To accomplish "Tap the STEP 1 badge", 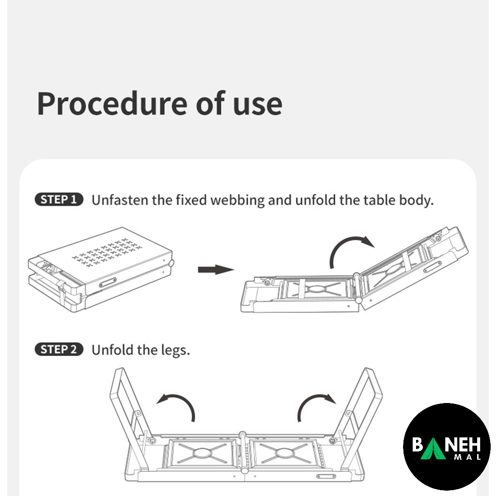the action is pyautogui.click(x=59, y=200).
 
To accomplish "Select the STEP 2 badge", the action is pyautogui.click(x=59, y=350).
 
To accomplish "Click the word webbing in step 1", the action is pyautogui.click(x=237, y=201).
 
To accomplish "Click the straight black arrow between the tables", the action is pyautogui.click(x=216, y=270).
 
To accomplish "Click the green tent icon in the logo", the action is pyautogui.click(x=433, y=448).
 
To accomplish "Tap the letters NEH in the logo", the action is pyautogui.click(x=463, y=445).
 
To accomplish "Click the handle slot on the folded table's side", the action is pyautogui.click(x=108, y=282).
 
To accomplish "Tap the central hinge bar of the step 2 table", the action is pyautogui.click(x=243, y=452).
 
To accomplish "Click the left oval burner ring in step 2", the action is pyautogui.click(x=203, y=453).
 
